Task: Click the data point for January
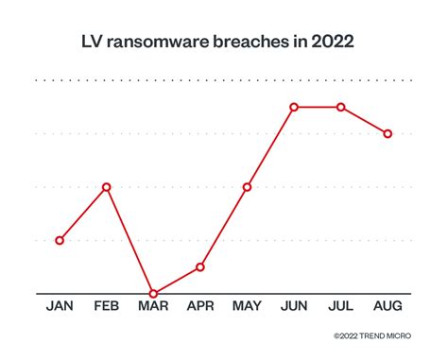60,240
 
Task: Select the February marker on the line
106,187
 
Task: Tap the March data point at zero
153,293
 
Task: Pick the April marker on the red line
199,266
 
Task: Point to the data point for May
247,187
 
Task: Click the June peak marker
294,107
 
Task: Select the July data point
340,107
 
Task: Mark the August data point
388,133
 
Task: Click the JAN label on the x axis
60,307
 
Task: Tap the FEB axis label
106,307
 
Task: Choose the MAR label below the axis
153,307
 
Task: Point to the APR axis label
199,307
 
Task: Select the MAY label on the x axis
247,307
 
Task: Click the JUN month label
294,307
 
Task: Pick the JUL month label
340,307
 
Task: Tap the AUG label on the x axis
388,307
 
